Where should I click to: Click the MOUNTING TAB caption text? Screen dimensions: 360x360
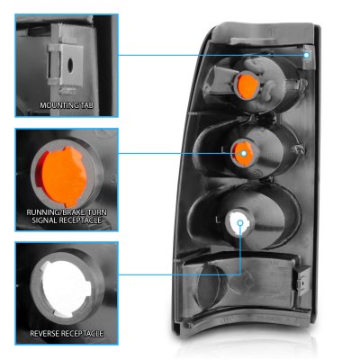[67, 105]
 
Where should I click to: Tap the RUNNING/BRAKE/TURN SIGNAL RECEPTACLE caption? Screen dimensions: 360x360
[67, 216]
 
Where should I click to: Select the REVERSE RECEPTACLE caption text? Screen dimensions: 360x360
[67, 333]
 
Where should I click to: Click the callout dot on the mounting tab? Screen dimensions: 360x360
[306, 55]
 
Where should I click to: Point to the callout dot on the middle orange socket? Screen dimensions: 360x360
[244, 153]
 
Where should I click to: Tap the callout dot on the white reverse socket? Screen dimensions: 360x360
[240, 222]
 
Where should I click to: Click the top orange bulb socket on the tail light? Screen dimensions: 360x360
[246, 85]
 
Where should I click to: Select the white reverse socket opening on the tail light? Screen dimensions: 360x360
[238, 223]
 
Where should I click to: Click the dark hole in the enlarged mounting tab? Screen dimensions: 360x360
[70, 65]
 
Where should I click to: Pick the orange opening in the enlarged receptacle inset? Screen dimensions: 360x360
[61, 173]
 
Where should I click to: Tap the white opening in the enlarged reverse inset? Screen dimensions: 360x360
[66, 289]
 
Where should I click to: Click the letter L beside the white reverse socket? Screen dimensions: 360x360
[218, 220]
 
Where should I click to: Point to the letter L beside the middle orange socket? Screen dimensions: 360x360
[222, 149]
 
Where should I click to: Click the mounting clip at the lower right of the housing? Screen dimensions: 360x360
[303, 281]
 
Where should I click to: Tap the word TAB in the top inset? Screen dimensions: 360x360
[86, 105]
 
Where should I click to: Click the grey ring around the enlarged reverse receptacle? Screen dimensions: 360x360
[33, 288]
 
